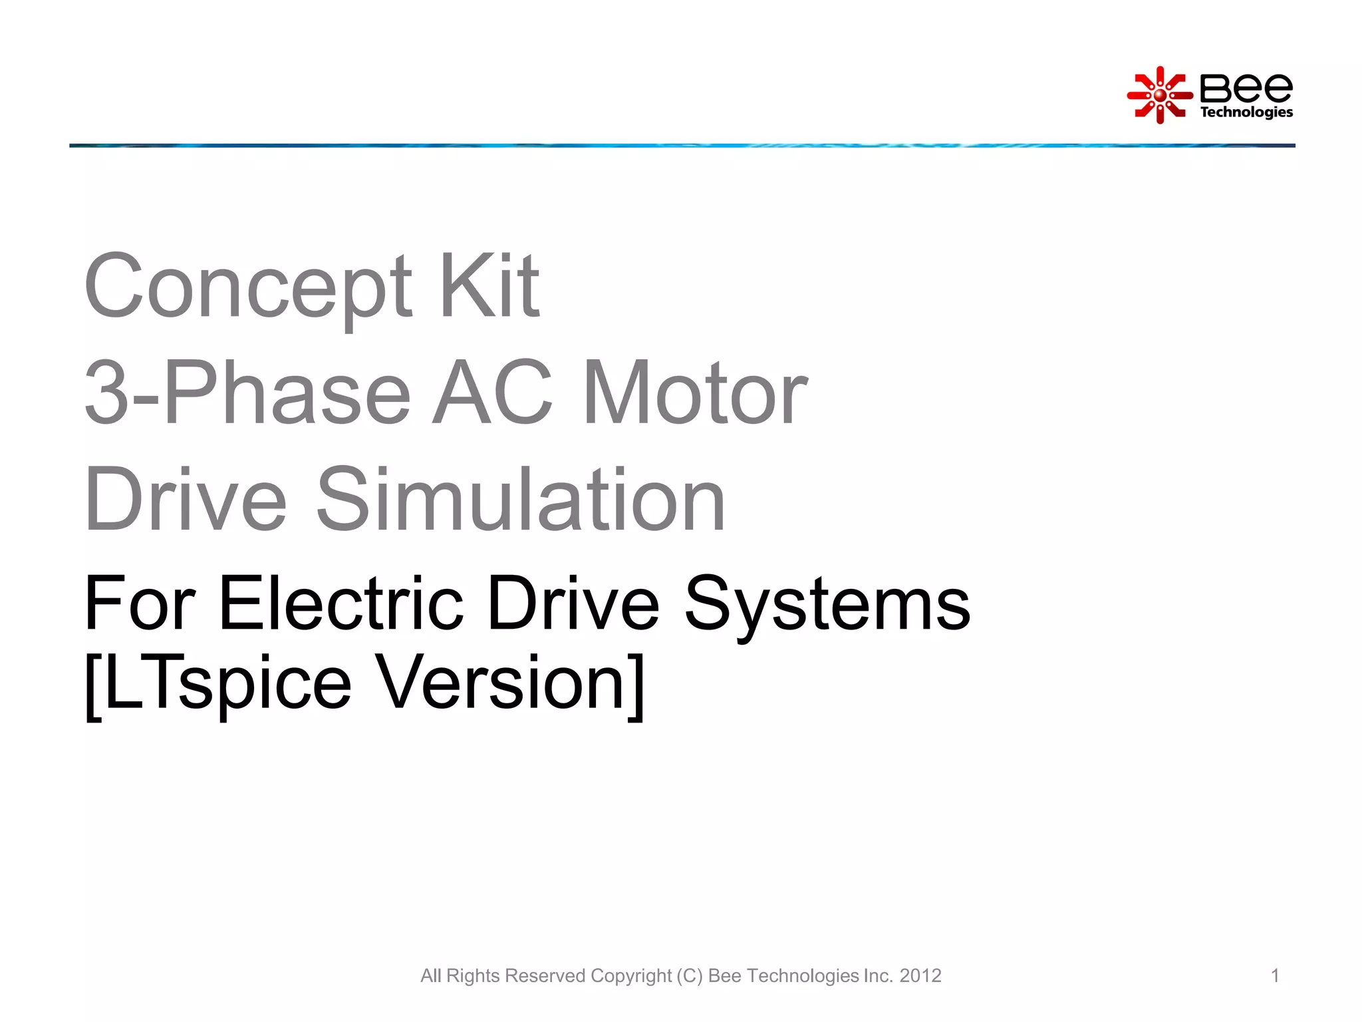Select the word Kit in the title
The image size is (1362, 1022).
489,286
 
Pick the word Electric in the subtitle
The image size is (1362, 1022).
340,603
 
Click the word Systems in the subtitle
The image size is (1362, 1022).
827,603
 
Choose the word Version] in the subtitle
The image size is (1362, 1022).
511,683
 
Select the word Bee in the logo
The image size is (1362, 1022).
1246,88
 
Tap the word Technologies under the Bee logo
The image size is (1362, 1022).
1246,112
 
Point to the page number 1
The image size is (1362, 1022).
1275,975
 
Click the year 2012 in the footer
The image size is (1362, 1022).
920,975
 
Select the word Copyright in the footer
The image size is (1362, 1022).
631,975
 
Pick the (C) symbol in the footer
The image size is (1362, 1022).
690,975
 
